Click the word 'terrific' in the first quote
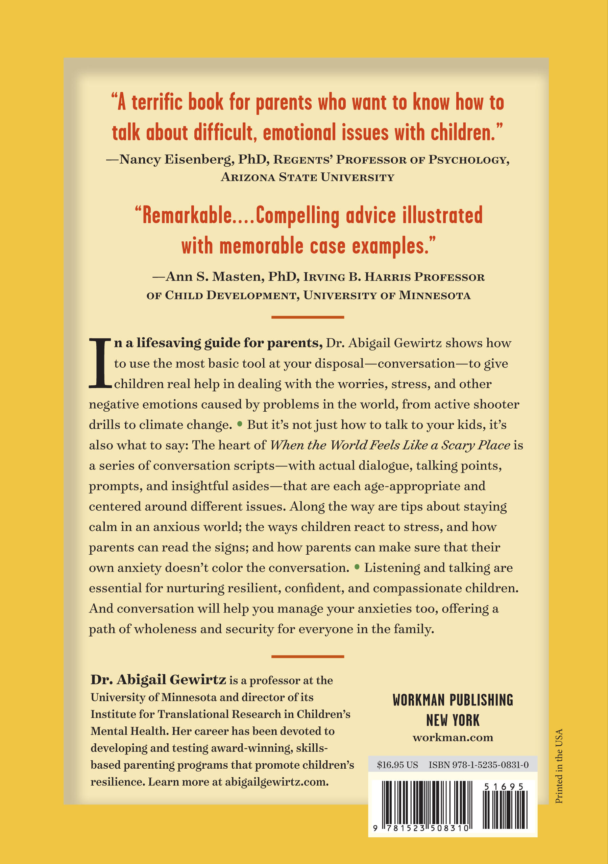point(159,102)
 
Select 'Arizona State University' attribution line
point(308,177)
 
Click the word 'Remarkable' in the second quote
point(187,216)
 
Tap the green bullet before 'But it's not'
point(240,424)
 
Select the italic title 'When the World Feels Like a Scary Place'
point(390,445)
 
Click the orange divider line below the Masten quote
point(308,317)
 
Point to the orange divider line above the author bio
point(308,657)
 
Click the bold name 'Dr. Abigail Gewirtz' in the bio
point(159,680)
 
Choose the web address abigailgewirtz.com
point(276,782)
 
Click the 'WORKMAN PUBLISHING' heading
point(453,700)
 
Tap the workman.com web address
point(453,738)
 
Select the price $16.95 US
point(397,765)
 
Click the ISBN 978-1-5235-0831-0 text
point(479,765)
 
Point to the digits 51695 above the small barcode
point(504,787)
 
